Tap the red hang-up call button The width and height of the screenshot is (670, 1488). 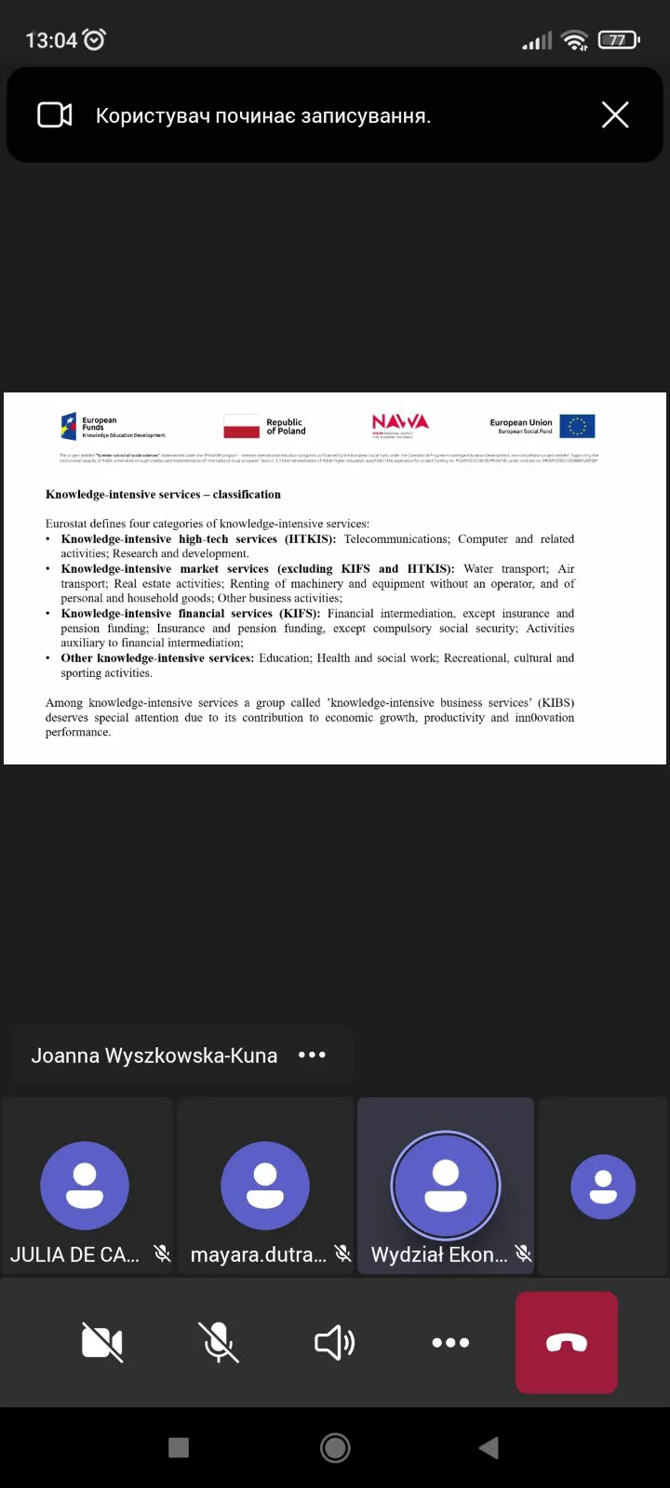(567, 1342)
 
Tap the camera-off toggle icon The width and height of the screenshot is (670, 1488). (102, 1342)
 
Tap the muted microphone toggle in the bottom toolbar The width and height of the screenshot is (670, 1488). (219, 1342)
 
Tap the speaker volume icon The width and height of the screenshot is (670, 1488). (334, 1342)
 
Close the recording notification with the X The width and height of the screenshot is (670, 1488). (615, 115)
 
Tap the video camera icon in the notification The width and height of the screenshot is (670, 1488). (55, 115)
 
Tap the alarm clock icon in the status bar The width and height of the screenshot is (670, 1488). (95, 39)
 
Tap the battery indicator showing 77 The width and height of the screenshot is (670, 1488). (618, 40)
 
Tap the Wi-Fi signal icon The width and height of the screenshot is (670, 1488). (575, 40)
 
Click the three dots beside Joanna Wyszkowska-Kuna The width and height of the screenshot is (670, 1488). (312, 1055)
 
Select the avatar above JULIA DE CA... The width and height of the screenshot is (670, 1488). (85, 1186)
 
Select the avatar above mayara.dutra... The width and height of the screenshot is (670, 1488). (265, 1186)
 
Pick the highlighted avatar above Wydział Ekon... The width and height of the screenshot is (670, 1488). (446, 1186)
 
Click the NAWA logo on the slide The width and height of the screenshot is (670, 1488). (400, 424)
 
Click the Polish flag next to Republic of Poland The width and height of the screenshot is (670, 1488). (242, 427)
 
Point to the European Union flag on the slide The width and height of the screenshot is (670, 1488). (577, 426)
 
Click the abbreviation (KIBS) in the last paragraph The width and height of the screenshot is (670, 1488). (556, 702)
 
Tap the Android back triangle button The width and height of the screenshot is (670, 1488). (489, 1447)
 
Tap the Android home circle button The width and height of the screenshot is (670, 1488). (335, 1447)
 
